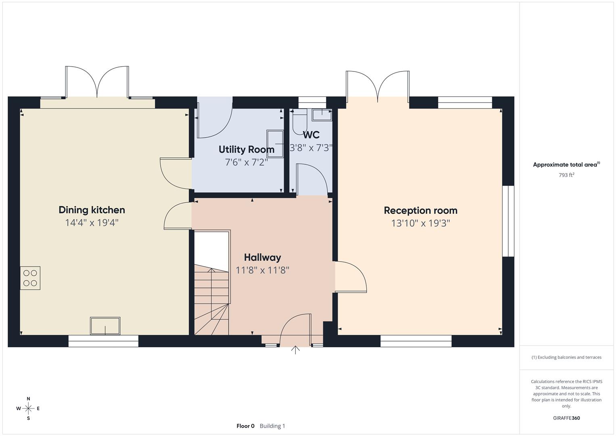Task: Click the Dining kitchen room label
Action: pos(92,210)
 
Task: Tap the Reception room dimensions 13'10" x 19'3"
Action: pos(420,223)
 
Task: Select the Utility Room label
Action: pos(246,149)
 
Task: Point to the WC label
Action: pos(311,135)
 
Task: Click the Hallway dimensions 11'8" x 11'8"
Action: pos(262,270)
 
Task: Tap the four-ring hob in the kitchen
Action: pos(30,278)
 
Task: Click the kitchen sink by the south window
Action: pos(105,326)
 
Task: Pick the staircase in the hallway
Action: pos(211,299)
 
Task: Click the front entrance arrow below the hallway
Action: pos(295,350)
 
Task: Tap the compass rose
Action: pos(28,409)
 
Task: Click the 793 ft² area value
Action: pos(566,175)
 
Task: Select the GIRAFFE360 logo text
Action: pos(566,418)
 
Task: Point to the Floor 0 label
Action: pos(245,426)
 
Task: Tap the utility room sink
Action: pos(275,137)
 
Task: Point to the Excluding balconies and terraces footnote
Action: pos(566,357)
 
